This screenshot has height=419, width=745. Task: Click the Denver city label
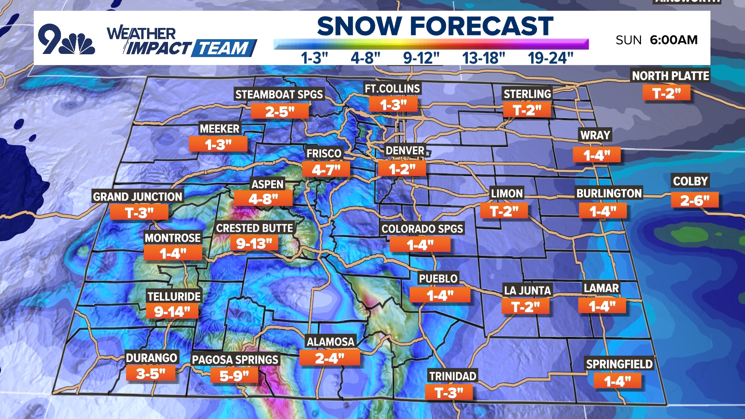click(x=405, y=151)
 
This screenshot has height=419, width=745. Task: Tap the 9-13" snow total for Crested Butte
click(x=254, y=244)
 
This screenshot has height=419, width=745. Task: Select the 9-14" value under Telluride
click(x=172, y=311)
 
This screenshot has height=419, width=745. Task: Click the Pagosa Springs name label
click(x=235, y=360)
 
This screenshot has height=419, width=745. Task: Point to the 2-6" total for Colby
click(x=695, y=200)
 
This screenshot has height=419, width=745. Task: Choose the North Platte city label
click(x=670, y=76)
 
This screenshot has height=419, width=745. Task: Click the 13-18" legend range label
click(x=483, y=58)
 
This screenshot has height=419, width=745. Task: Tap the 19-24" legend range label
click(x=550, y=58)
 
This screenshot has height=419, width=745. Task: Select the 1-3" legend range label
click(x=314, y=58)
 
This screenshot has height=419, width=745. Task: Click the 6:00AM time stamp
click(x=674, y=40)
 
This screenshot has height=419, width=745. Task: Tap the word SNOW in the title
click(x=359, y=26)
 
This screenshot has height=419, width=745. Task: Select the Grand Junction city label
click(x=137, y=197)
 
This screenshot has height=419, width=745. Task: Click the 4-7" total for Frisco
click(x=326, y=170)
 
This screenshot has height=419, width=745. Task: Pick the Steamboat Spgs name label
click(x=279, y=94)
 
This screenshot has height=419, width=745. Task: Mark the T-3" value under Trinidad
click(x=449, y=393)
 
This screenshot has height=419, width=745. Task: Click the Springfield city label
click(x=619, y=364)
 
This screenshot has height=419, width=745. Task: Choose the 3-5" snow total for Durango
click(x=151, y=374)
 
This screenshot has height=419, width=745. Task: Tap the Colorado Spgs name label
click(x=422, y=229)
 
